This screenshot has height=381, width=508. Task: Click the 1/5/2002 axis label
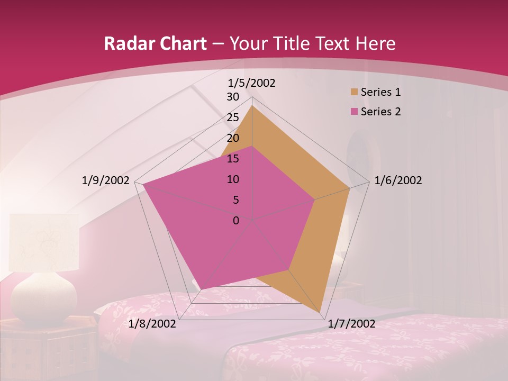(251, 83)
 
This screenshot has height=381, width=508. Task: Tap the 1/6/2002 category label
(398, 180)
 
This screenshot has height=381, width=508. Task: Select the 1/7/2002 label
(352, 324)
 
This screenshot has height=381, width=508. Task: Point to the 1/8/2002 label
(152, 324)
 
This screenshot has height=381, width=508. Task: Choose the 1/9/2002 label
(105, 180)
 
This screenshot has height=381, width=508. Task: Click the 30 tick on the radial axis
(233, 97)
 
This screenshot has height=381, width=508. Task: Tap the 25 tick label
(233, 117)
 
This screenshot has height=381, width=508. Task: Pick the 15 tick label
(233, 159)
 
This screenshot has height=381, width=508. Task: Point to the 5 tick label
(235, 200)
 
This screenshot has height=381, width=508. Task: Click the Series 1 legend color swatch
(353, 92)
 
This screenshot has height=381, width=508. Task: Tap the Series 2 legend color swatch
(353, 112)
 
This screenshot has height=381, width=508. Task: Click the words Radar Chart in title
(155, 43)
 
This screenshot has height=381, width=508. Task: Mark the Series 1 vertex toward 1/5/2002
(252, 106)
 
